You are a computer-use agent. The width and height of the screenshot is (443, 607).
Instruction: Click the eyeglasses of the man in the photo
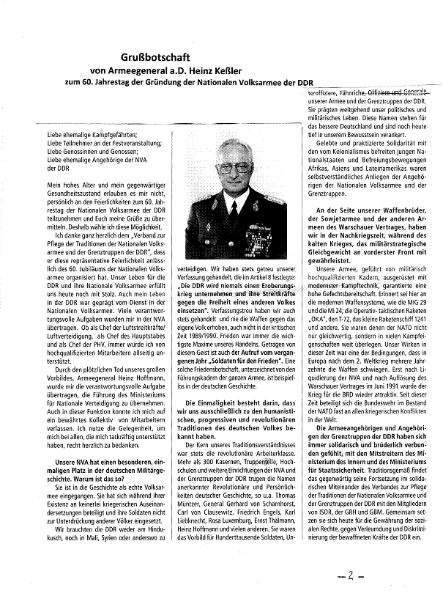click(234, 168)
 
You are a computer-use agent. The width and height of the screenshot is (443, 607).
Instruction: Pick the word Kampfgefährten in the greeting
click(92, 136)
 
